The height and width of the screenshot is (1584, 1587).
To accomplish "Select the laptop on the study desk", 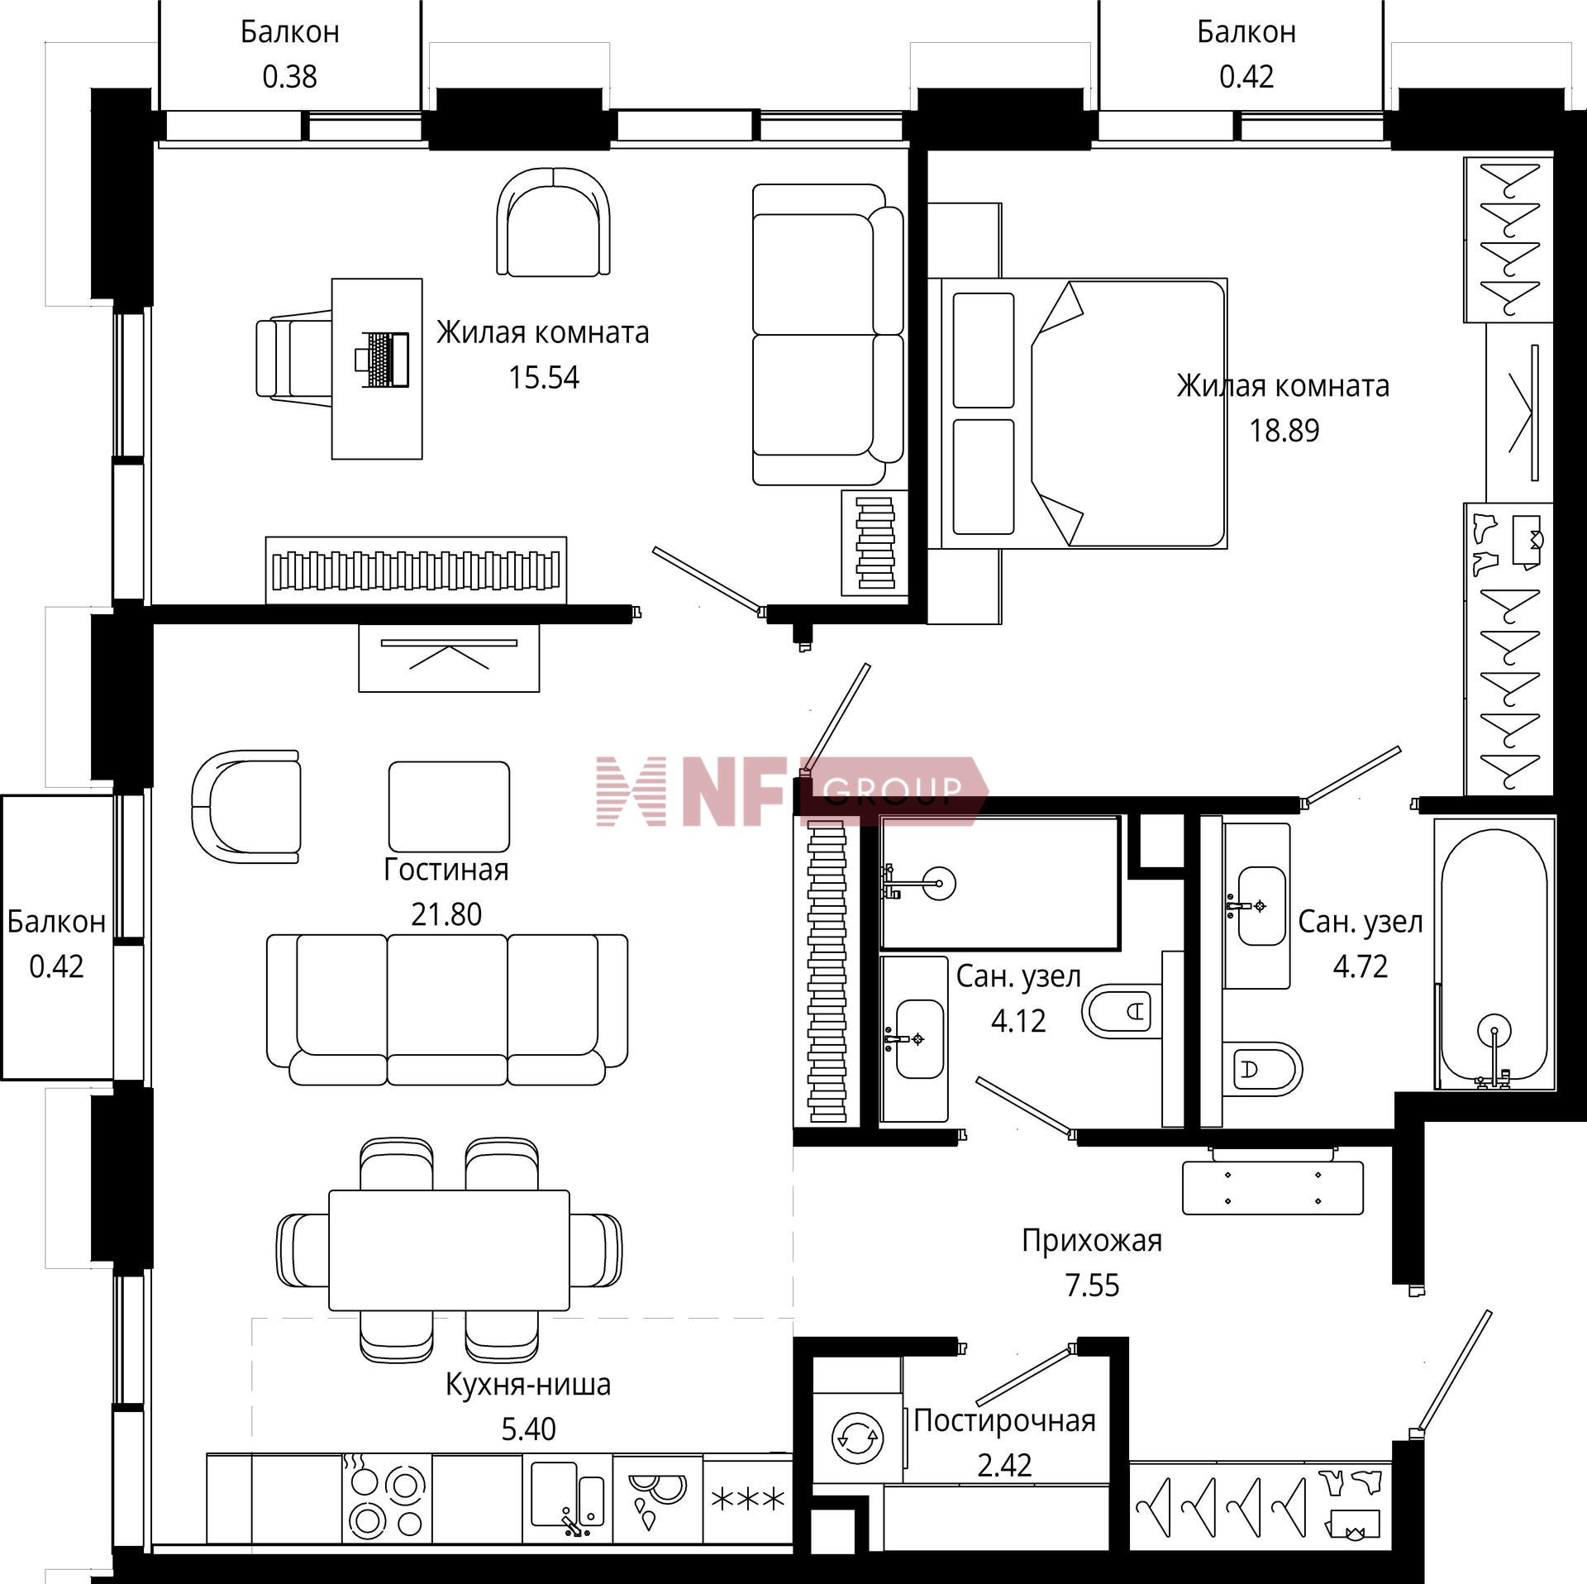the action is click(383, 359).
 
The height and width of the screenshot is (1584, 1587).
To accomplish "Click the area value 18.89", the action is click(1284, 431).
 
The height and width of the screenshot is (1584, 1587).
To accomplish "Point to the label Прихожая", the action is click(1092, 1240).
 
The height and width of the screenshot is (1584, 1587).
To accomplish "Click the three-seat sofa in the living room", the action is click(447, 1009).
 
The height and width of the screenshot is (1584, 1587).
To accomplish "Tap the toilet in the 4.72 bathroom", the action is click(1262, 1069).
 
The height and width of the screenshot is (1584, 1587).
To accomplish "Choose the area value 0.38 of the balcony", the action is click(289, 77).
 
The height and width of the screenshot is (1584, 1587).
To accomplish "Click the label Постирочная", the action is click(1004, 1420).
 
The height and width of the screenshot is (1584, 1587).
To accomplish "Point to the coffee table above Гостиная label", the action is click(449, 807).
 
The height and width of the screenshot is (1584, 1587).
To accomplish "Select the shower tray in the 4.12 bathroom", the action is click(1000, 882).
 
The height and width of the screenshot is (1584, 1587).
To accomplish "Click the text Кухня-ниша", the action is click(528, 1384).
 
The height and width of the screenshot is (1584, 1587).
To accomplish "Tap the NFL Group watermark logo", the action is click(792, 791).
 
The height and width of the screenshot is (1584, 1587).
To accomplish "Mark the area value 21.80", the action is click(446, 914).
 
